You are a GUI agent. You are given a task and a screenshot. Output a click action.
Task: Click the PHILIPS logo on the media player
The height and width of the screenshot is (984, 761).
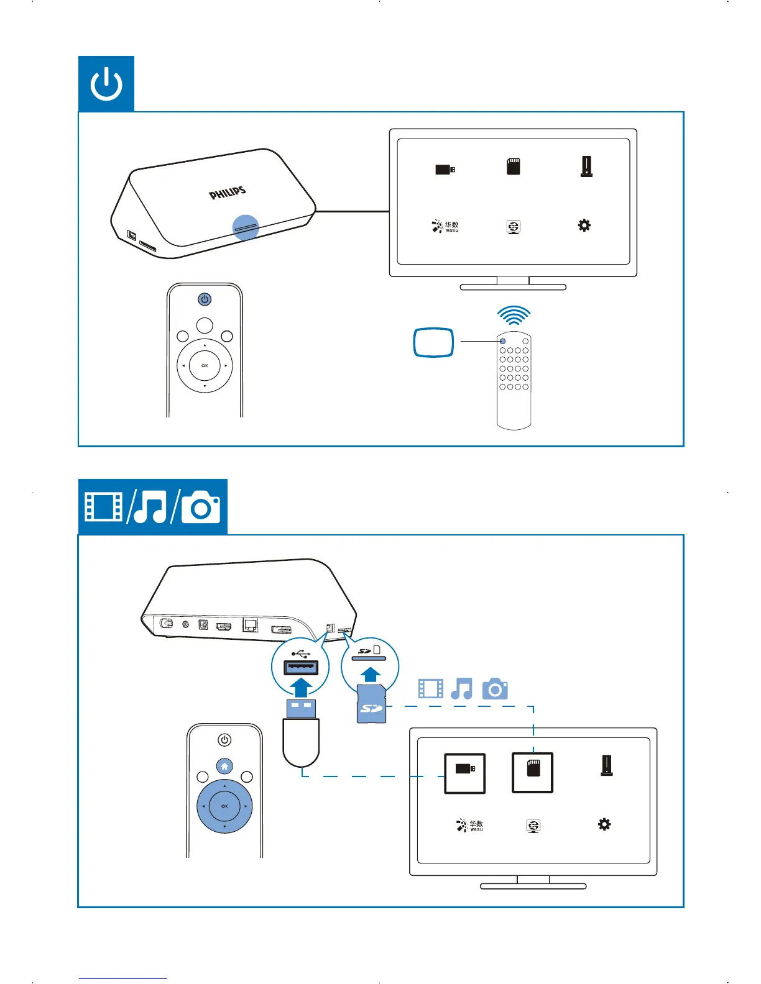pyautogui.click(x=228, y=193)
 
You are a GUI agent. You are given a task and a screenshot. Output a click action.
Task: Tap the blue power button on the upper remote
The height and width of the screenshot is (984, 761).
pyautogui.click(x=205, y=299)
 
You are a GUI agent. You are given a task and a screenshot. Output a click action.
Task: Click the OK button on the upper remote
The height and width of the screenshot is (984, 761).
pyautogui.click(x=205, y=366)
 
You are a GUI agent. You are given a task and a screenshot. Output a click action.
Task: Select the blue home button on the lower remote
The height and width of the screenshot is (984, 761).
pyautogui.click(x=224, y=766)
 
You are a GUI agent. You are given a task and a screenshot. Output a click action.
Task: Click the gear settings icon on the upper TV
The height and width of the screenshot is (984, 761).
pyautogui.click(x=584, y=225)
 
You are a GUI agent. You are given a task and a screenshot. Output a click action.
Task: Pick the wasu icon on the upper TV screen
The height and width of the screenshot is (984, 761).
pyautogui.click(x=445, y=226)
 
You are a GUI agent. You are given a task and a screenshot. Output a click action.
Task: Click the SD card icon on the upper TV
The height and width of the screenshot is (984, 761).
pyautogui.click(x=513, y=166)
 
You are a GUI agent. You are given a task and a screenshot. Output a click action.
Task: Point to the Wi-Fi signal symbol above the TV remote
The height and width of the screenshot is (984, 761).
pyautogui.click(x=514, y=316)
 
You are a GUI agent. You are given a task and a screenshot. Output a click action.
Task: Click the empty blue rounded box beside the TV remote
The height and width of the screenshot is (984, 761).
pyautogui.click(x=434, y=342)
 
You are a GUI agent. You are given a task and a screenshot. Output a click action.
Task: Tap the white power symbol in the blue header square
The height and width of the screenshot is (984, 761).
pyautogui.click(x=106, y=84)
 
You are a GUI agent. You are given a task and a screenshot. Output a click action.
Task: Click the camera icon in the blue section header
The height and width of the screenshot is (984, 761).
pyautogui.click(x=201, y=507)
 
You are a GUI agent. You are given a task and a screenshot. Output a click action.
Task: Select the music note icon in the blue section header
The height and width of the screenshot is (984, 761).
pyautogui.click(x=150, y=507)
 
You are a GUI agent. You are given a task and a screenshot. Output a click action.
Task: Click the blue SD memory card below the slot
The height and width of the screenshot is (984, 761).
pyautogui.click(x=372, y=704)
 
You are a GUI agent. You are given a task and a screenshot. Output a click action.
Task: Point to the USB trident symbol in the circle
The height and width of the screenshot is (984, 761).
pyautogui.click(x=300, y=654)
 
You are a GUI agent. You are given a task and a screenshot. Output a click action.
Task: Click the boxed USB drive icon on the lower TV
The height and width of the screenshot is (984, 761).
pyautogui.click(x=464, y=773)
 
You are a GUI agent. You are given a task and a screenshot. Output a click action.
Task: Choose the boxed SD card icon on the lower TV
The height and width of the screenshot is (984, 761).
pyautogui.click(x=533, y=773)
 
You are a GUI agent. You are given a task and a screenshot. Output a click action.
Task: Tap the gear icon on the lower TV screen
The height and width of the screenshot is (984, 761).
pyautogui.click(x=604, y=824)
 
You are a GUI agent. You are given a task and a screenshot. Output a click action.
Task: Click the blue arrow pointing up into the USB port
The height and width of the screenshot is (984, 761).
pyautogui.click(x=301, y=688)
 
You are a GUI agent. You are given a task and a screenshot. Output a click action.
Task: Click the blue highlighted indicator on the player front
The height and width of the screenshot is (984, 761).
pyautogui.click(x=246, y=227)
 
